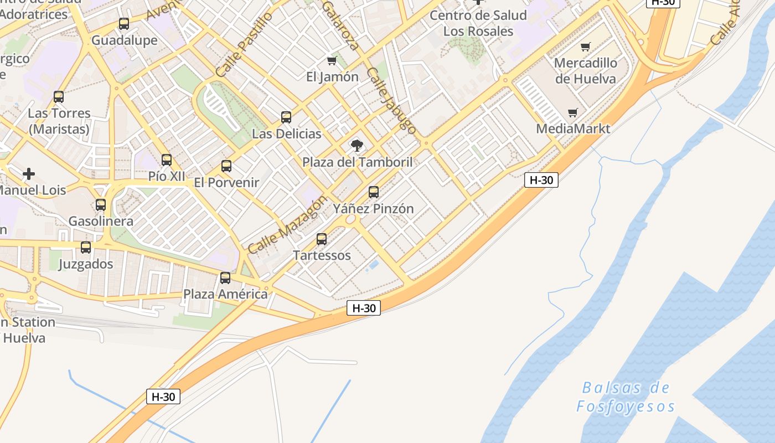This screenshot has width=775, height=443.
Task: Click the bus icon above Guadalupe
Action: click(x=124, y=24)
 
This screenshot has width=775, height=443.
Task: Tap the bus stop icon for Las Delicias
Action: click(x=286, y=117)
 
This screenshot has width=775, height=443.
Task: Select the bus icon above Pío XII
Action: click(x=167, y=160)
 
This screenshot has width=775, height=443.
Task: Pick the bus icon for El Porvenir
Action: click(x=226, y=166)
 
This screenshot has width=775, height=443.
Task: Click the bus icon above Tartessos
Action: click(x=322, y=239)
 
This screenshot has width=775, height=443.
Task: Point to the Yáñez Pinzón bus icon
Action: click(x=374, y=192)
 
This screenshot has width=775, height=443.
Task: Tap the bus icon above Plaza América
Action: click(x=225, y=278)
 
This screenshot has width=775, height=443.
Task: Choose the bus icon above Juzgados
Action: click(x=86, y=248)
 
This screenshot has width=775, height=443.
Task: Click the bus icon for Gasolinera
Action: click(x=101, y=205)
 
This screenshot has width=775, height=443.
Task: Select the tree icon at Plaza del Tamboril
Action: click(x=357, y=146)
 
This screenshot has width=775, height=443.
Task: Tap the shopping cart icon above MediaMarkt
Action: click(x=573, y=113)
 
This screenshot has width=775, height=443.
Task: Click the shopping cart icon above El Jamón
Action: click(x=332, y=60)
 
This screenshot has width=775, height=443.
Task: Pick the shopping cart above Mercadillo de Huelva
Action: click(x=586, y=47)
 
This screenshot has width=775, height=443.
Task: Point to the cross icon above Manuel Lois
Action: click(x=29, y=174)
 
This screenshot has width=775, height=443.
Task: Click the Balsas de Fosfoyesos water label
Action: click(x=626, y=397)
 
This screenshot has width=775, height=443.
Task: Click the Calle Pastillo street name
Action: click(x=244, y=44)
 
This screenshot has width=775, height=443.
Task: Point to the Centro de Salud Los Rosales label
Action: click(x=478, y=23)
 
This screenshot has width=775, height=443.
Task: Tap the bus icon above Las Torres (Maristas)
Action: click(x=59, y=97)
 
